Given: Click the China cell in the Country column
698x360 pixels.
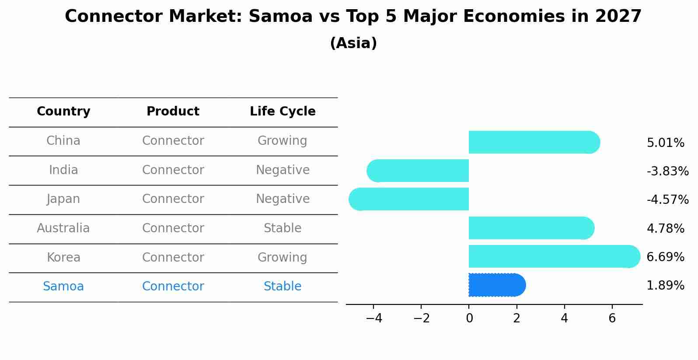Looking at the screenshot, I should [x=63, y=141].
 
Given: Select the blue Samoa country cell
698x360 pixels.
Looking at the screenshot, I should [x=63, y=287].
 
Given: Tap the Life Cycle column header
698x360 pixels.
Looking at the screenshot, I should [x=283, y=112].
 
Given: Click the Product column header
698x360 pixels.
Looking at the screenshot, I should [x=173, y=112].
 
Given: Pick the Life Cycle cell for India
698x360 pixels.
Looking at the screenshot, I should [x=283, y=170].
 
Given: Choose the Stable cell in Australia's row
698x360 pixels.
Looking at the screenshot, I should [x=283, y=228].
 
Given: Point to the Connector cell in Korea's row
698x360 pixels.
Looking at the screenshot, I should [x=173, y=258].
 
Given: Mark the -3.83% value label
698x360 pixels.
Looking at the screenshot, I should [x=667, y=171].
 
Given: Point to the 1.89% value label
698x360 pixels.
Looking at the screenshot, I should [x=665, y=286].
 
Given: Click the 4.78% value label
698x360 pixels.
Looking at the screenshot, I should [x=665, y=228].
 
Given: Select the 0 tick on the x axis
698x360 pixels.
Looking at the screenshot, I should [x=469, y=318].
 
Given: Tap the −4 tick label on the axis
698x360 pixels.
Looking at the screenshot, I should [x=374, y=318].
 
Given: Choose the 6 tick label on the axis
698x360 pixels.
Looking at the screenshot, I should [x=612, y=318].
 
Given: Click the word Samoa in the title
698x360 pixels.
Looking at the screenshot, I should [x=280, y=17].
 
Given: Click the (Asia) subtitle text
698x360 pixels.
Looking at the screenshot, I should [x=353, y=43].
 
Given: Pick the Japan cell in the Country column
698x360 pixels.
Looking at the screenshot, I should [x=63, y=199].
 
